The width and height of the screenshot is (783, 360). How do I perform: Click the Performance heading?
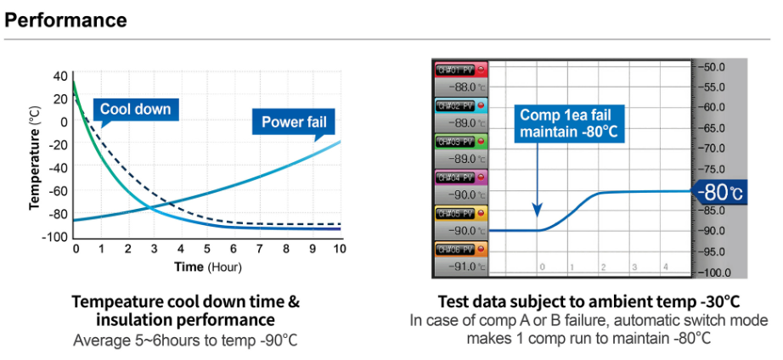tap(66, 19)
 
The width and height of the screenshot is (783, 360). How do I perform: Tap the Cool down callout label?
tap(135, 109)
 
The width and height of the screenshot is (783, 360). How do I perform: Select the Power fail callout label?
tap(293, 121)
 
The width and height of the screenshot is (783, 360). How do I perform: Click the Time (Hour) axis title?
tap(208, 267)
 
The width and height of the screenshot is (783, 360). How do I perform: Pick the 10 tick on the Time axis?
tap(340, 249)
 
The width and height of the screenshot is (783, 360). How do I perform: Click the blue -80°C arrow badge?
tap(720, 192)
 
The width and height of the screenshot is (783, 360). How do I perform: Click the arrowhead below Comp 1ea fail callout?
tap(537, 211)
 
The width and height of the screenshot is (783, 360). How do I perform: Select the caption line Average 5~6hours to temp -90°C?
tap(186, 340)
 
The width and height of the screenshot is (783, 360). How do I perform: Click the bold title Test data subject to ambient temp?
tap(589, 301)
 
